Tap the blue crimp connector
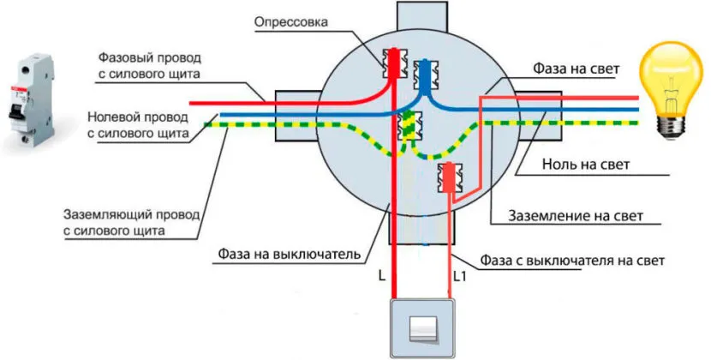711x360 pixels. pos(423,74)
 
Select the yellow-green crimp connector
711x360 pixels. pos(409,125)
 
